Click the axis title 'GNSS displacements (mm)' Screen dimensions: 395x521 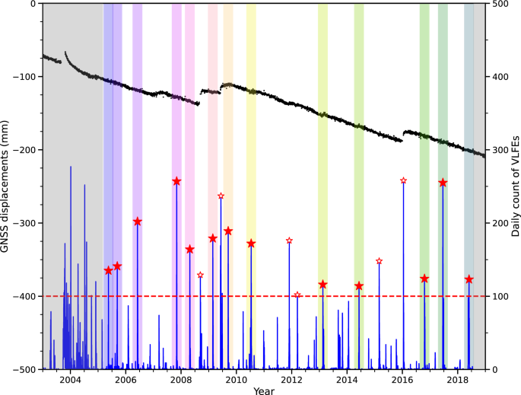pos(7,186)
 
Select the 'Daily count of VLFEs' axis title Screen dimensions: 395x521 pos(516,186)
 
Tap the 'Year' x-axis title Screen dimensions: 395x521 pos(264,390)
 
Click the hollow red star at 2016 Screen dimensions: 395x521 pos(403,180)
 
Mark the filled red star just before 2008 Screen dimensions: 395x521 pos(176,181)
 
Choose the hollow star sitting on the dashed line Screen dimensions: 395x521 pos(297,295)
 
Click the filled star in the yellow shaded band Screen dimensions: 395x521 pos(251,244)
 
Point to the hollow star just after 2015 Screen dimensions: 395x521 pos(379,261)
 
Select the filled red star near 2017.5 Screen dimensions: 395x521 pos(443,183)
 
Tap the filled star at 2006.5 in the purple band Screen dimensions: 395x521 pos(138,221)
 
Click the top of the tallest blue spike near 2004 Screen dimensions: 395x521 pos(71,167)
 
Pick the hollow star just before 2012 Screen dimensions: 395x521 pos(289,241)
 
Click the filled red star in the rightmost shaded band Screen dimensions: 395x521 pos(469,279)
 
